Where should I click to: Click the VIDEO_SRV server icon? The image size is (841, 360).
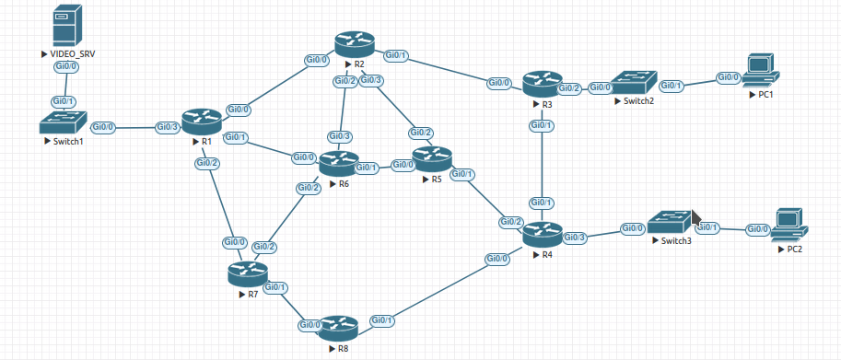[67, 25]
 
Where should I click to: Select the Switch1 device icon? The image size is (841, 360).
[63, 122]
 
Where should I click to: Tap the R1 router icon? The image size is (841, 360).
[202, 122]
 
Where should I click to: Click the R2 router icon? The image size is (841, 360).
[355, 44]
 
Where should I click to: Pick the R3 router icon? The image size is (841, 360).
[543, 84]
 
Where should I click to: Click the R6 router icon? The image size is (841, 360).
[339, 164]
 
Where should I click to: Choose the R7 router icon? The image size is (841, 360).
[248, 274]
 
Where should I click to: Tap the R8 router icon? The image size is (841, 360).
[338, 329]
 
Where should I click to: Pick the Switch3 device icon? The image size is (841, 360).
[671, 222]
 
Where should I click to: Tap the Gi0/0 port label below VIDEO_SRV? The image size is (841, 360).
[67, 67]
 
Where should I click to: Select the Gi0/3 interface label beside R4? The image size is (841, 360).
[576, 238]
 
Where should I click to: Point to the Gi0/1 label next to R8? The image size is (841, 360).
[382, 320]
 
